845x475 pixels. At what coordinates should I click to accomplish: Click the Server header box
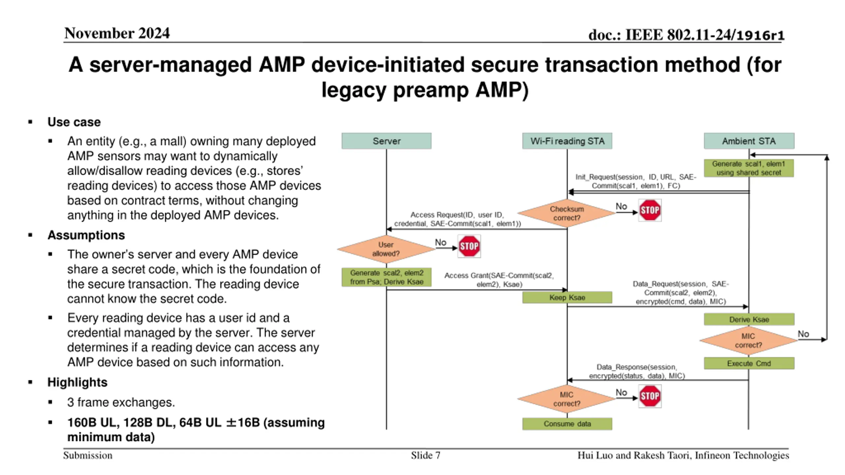pos(386,141)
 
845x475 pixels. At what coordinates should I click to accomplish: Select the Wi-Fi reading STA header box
pos(567,141)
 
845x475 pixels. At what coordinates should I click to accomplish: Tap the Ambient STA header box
pos(749,141)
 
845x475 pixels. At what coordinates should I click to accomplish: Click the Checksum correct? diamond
pos(566,213)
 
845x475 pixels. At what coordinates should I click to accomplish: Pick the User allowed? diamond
pos(386,249)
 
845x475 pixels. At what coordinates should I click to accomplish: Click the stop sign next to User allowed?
pos(469,246)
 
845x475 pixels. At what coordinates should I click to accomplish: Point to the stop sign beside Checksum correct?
pos(650,210)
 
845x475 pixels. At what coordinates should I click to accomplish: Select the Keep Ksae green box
pos(567,297)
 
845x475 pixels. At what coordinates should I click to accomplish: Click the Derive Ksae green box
pos(749,319)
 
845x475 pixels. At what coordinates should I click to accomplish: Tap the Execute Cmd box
pos(749,363)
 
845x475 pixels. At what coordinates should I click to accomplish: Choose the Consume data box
pos(567,424)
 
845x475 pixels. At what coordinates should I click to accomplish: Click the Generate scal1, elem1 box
pos(749,168)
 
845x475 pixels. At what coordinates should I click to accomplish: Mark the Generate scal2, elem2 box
pos(386,277)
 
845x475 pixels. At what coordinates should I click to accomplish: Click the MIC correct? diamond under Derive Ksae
pos(748,340)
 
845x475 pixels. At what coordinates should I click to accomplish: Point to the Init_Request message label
pos(636,181)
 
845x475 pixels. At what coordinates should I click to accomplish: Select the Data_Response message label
pos(637,371)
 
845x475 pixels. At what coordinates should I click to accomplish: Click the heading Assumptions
pos(86,235)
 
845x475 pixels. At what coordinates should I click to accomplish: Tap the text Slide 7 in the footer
pos(425,455)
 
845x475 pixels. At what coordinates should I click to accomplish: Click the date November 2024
pos(117,33)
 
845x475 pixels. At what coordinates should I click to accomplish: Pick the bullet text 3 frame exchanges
pos(121,402)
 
